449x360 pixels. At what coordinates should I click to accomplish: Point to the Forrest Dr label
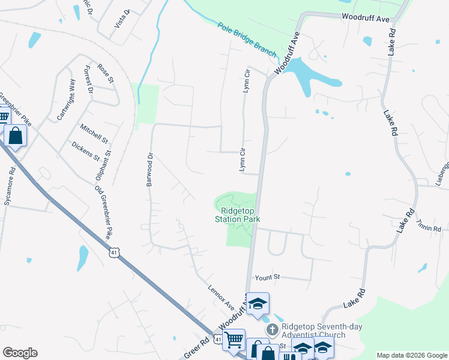(90, 80)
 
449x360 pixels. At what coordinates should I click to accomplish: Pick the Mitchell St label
(94, 134)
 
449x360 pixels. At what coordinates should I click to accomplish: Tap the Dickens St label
(85, 151)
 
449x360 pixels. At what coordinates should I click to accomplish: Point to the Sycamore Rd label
(9, 187)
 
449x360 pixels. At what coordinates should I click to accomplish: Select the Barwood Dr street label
(150, 169)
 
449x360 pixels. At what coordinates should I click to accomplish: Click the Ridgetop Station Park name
(240, 215)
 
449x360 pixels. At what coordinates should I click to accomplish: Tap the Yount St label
(268, 277)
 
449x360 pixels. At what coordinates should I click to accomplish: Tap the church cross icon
(272, 329)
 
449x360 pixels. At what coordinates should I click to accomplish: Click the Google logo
(20, 353)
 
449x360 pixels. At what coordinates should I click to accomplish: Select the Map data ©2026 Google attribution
(412, 355)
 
